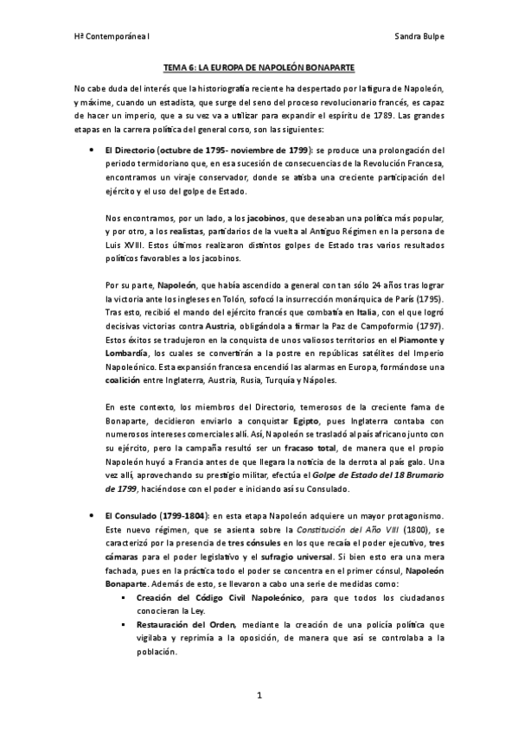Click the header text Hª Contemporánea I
click(106, 37)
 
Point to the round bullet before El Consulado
click(92, 516)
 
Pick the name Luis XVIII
click(124, 245)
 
